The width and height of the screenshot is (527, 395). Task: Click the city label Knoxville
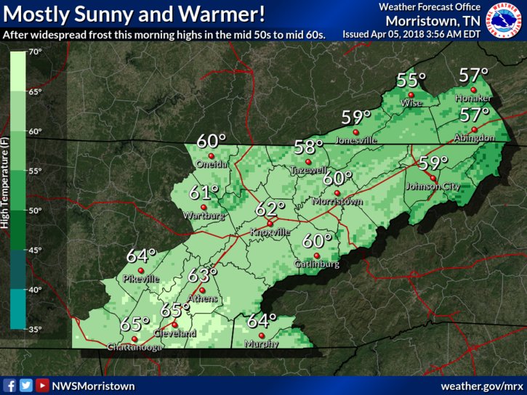(270, 232)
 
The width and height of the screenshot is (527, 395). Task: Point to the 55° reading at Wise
(411, 81)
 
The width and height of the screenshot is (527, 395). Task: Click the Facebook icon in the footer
(10, 386)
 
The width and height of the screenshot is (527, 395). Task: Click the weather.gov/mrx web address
(482, 386)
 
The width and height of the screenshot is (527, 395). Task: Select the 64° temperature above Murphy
(262, 320)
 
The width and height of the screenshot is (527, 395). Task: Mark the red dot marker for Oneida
(212, 155)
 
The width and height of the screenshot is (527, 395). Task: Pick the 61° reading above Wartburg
(204, 192)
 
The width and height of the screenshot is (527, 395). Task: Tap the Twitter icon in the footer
(26, 386)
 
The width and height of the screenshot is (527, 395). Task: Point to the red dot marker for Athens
(202, 290)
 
